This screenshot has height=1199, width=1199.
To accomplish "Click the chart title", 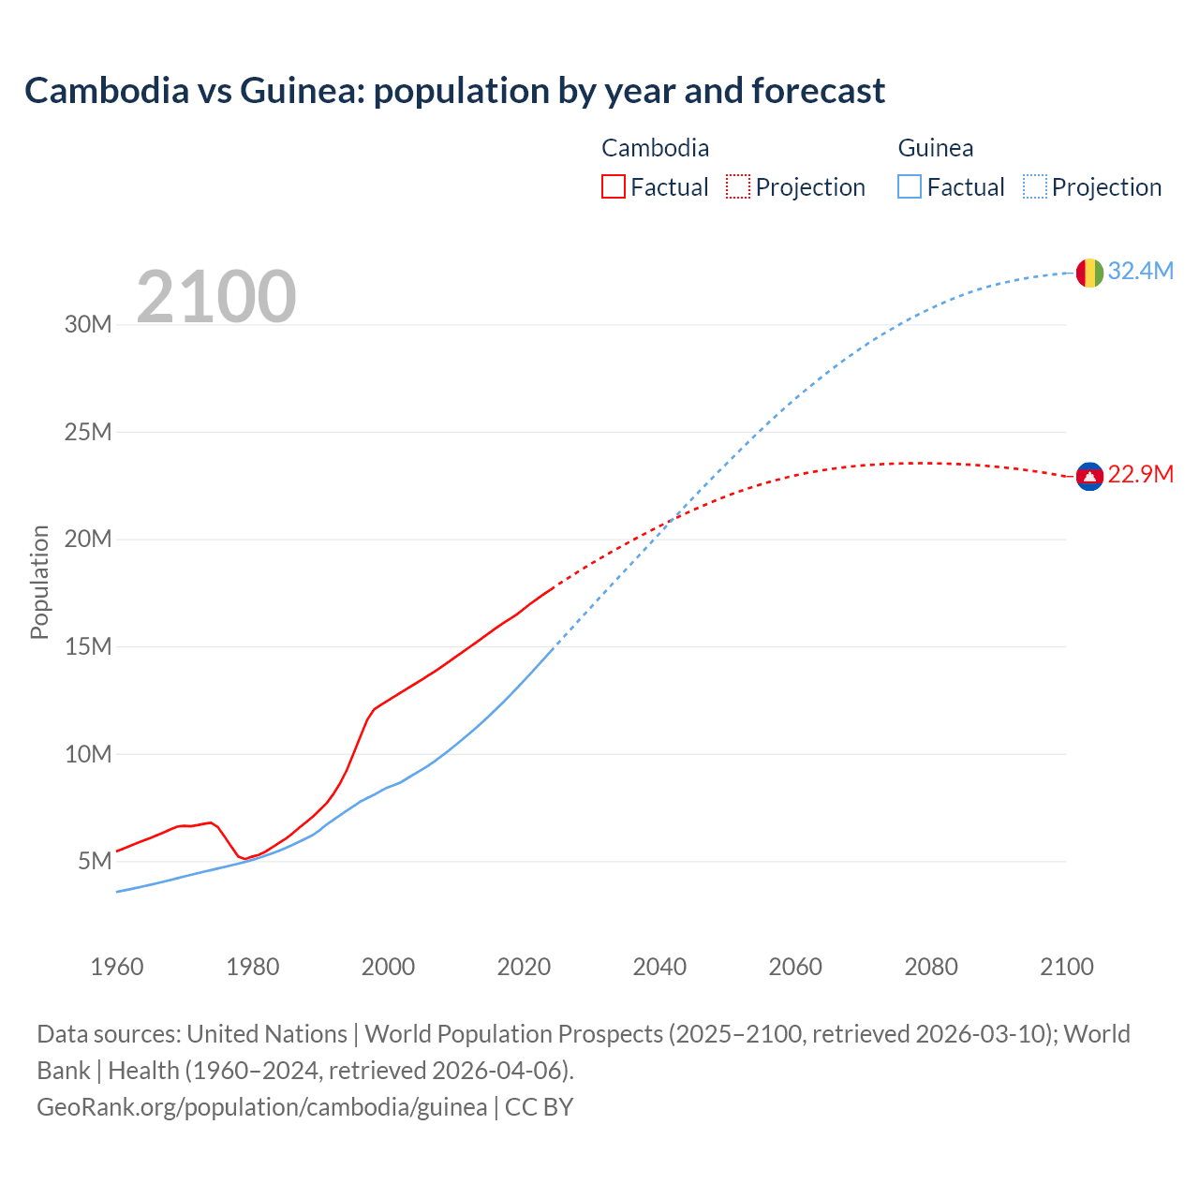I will pos(454,91).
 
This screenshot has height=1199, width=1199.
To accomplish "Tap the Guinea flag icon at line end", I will pos(1089,273).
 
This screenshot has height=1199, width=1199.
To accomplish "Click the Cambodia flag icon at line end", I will pos(1089,476).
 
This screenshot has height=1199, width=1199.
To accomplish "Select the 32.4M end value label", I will pos(1140,272).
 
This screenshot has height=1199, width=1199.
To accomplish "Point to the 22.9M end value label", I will pos(1140,475).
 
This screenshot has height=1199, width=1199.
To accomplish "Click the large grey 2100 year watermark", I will pos(216,297).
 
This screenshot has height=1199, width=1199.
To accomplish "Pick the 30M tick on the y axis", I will pos(88,325).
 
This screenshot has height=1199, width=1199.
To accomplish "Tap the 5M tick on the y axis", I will pos(95,861).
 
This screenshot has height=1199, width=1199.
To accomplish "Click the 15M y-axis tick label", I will pos(88,646).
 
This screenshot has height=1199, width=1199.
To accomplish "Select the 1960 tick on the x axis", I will pos(117,967).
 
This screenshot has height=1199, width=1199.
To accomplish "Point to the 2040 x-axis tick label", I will pos(659,967).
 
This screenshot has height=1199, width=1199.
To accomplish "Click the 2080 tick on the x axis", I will pos(931,967).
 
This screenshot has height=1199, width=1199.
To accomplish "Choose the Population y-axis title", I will pos(39,582).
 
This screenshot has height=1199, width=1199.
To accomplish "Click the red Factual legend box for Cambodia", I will pos(614,187).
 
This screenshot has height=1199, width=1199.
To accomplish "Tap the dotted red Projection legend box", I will pos(738,187).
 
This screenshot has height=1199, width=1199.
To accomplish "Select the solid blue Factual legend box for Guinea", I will pos(910,187).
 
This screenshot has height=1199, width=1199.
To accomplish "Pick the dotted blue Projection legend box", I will pos(1035,187).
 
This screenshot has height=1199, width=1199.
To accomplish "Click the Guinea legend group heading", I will pos(935,148).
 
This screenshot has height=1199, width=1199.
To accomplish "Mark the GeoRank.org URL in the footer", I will pos(261,1107).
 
